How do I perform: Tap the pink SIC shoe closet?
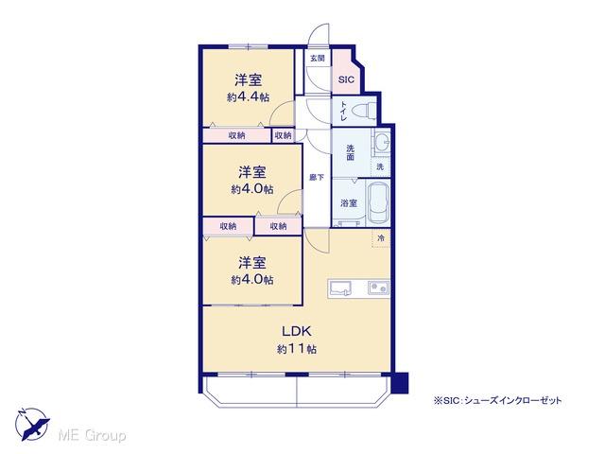[346, 79]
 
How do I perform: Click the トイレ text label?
[343, 113]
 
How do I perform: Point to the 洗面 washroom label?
[349, 150]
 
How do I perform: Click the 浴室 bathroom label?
[349, 202]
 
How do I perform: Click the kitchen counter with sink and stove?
[358, 287]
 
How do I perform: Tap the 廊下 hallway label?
[317, 176]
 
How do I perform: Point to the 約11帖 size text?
[296, 349]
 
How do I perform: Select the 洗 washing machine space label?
[380, 166]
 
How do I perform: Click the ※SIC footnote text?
[499, 400]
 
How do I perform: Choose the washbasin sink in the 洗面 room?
[382, 144]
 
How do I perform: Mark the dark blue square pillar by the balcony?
[401, 384]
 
